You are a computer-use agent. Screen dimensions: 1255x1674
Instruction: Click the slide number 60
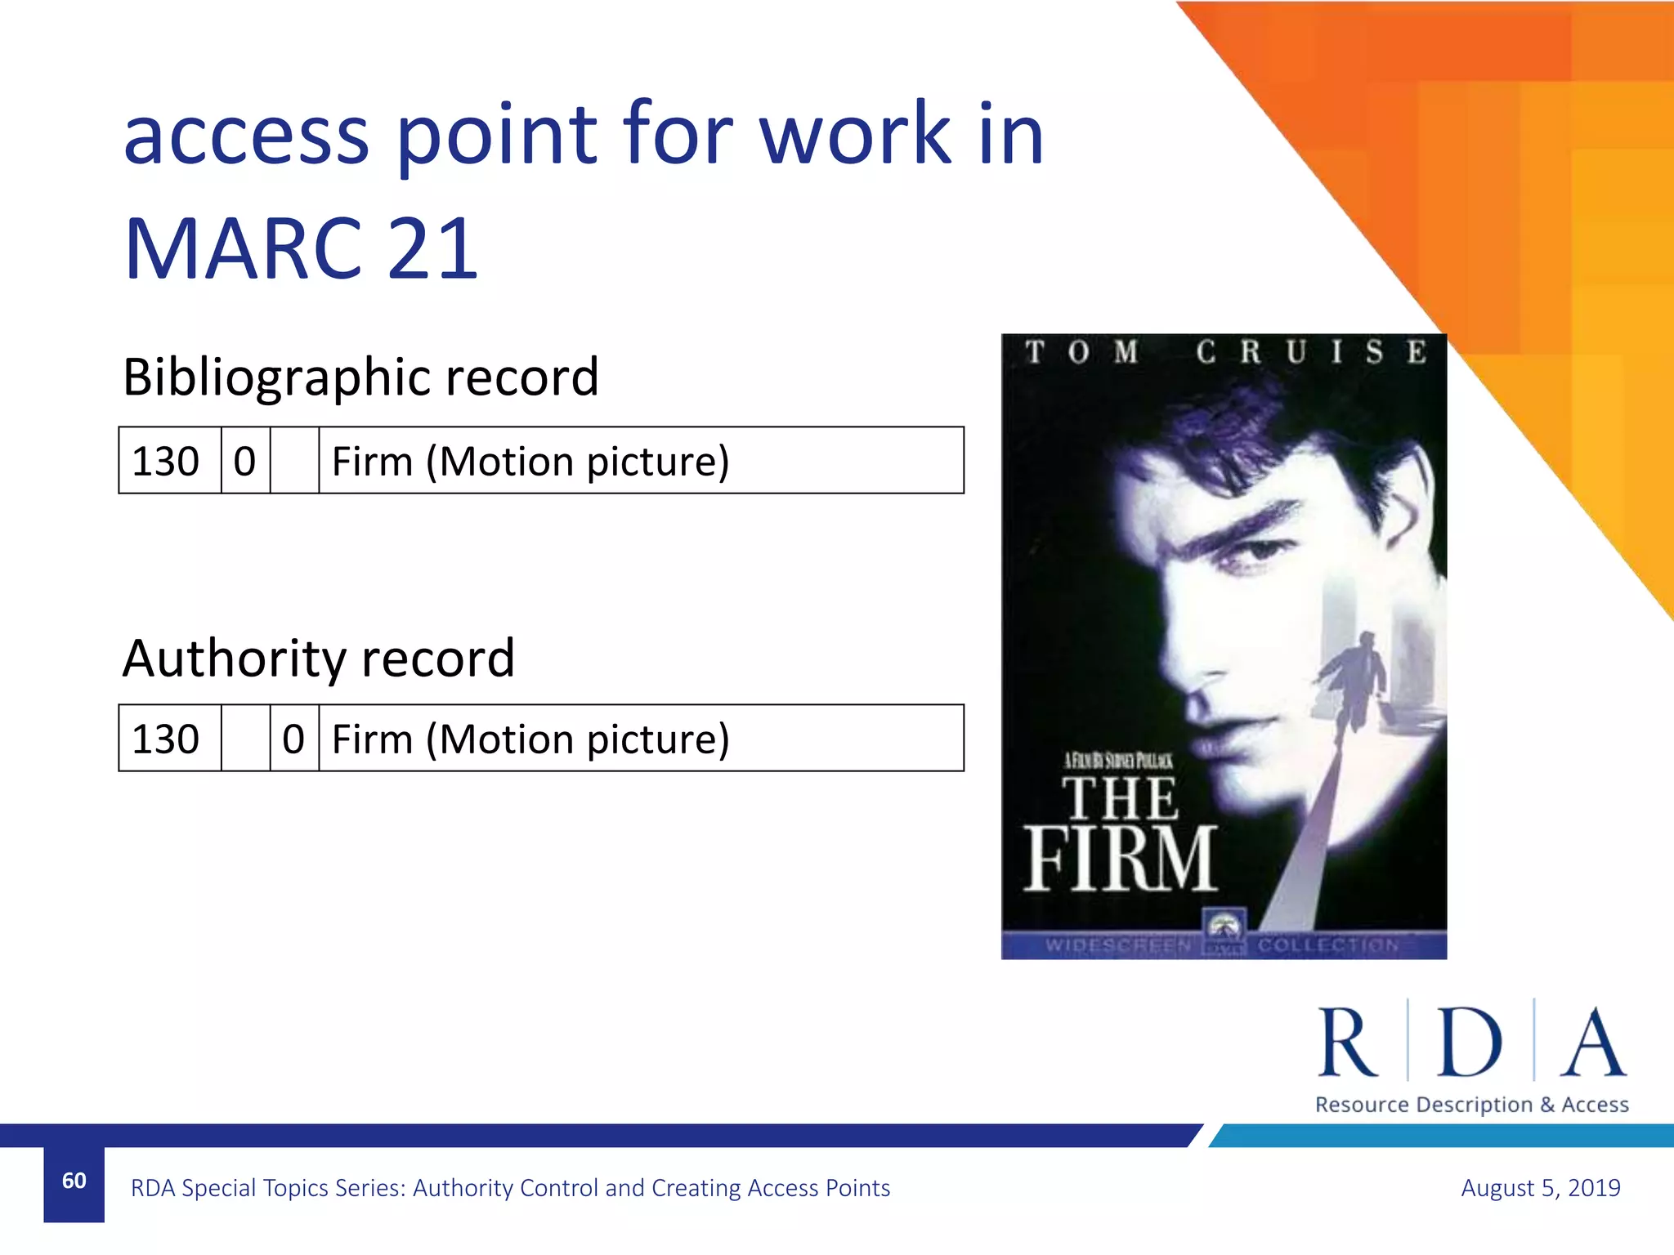(x=74, y=1181)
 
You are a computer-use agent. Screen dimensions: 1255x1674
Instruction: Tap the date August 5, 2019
(x=1540, y=1187)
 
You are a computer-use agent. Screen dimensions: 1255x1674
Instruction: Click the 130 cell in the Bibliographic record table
(x=166, y=461)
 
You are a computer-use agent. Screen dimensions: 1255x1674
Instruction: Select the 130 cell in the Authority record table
(x=166, y=739)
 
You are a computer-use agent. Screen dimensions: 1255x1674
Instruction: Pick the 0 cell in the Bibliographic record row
(x=244, y=461)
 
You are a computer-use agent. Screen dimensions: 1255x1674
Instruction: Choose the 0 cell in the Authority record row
(x=293, y=739)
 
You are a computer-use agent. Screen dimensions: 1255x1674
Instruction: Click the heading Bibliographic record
(x=360, y=377)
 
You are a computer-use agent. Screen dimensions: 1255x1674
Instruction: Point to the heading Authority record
(x=319, y=658)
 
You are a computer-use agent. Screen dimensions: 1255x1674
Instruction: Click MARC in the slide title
(x=244, y=248)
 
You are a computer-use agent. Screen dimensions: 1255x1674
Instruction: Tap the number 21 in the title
(x=432, y=248)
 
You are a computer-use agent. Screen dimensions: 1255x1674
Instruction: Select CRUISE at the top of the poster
(x=1311, y=352)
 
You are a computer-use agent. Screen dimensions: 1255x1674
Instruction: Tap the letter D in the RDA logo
(x=1469, y=1043)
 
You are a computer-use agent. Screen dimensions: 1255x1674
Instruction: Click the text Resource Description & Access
(x=1471, y=1105)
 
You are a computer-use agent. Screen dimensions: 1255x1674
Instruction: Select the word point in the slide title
(x=497, y=135)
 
